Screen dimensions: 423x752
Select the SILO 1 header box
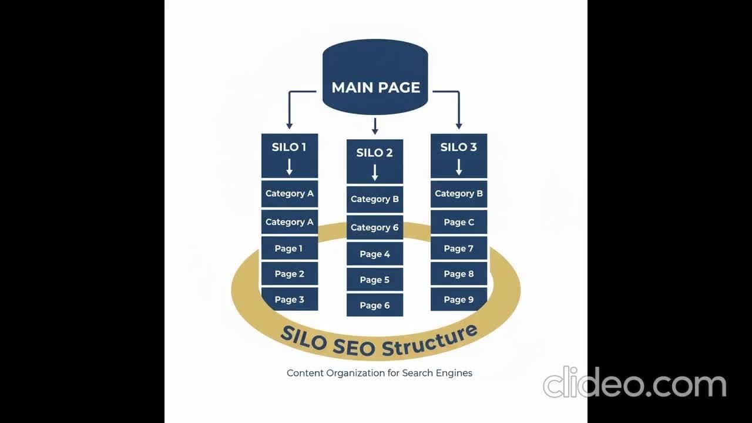[x=289, y=156]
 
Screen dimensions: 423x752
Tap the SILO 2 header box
[x=374, y=161]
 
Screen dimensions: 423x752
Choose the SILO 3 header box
[x=458, y=156]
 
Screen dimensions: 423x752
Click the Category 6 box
[x=374, y=227]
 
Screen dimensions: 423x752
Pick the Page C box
[x=458, y=222]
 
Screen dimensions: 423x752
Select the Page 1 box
[x=289, y=249]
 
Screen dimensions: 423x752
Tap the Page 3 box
[x=289, y=299]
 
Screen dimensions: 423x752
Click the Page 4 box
[x=374, y=254]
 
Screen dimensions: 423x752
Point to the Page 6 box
[x=374, y=305]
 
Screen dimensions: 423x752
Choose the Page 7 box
[x=458, y=249]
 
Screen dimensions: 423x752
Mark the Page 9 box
[x=458, y=299]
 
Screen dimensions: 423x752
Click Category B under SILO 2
[x=374, y=199]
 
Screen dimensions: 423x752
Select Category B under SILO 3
[x=458, y=193]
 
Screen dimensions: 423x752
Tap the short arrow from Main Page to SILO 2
[x=375, y=125]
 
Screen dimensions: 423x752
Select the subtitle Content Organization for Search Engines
[x=379, y=372]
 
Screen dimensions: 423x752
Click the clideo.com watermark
[x=634, y=384]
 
